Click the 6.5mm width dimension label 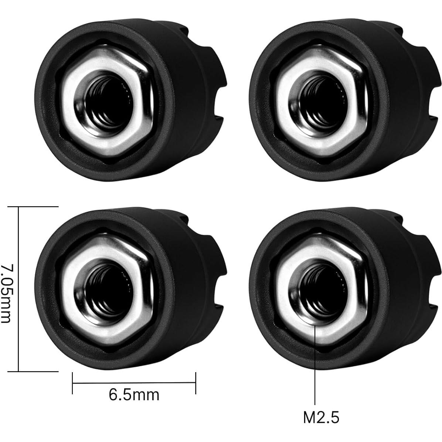(x=134, y=395)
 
